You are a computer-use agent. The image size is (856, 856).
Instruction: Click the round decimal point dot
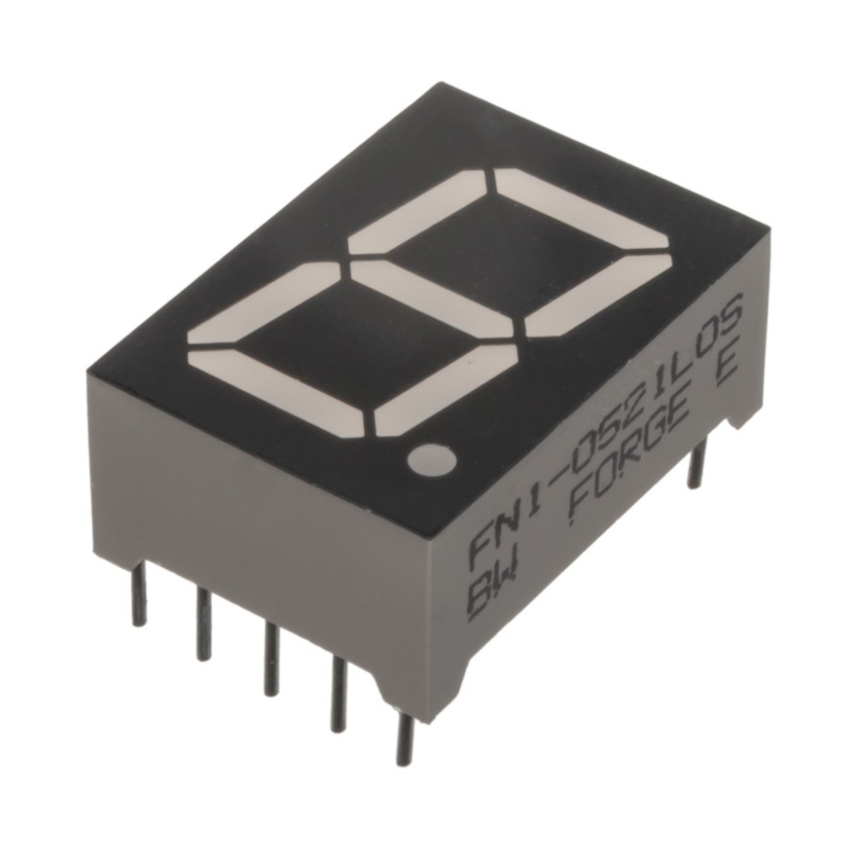[431, 459]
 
